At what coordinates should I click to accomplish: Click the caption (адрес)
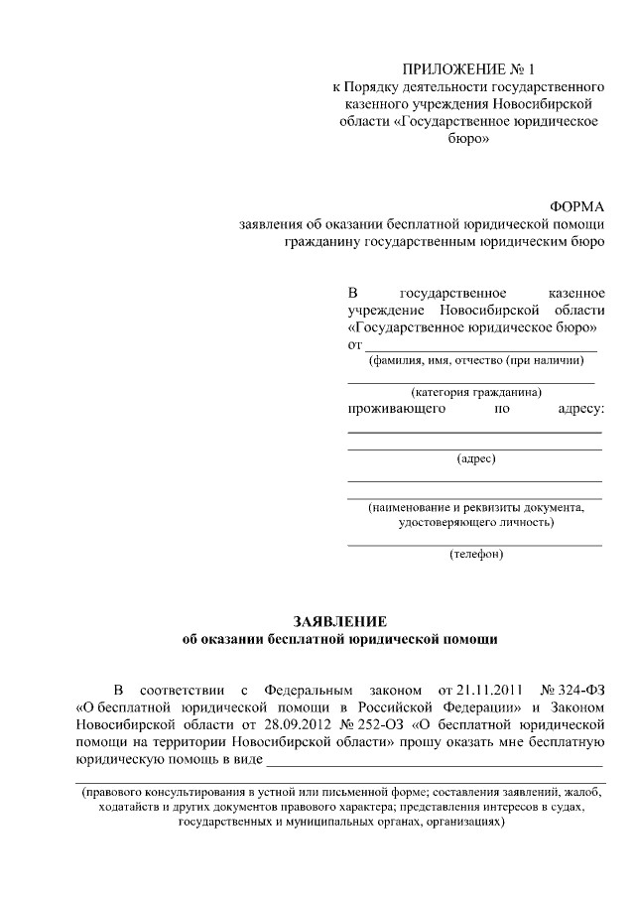tap(475, 458)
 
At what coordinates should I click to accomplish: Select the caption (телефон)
tap(475, 553)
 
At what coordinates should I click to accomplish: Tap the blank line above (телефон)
tap(474, 544)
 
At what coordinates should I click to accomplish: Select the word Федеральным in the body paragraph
tap(308, 689)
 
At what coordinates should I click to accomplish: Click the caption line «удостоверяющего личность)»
tap(475, 522)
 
